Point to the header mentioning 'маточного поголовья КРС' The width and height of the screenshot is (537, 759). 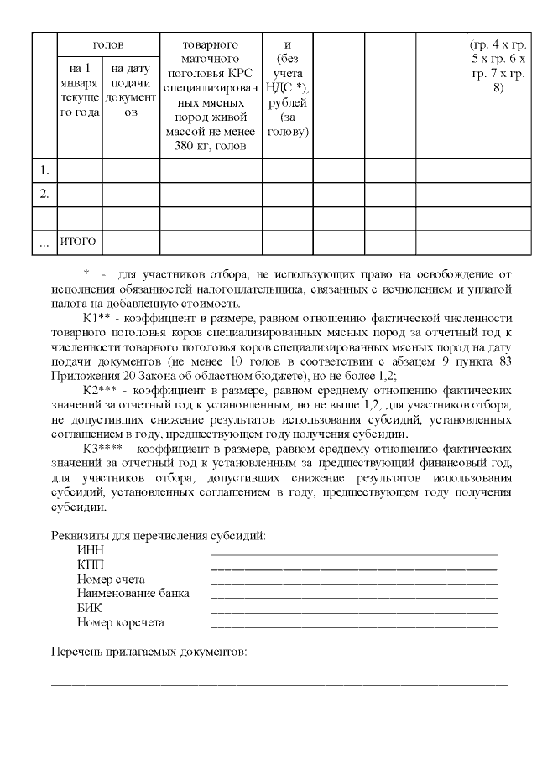(211, 94)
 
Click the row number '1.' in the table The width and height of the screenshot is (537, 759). (44, 170)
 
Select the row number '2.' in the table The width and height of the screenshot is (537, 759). (44, 195)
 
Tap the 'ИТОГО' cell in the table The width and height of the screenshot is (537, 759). (79, 242)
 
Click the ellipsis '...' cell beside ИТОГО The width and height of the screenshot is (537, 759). (44, 243)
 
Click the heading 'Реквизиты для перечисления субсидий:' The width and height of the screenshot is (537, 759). (159, 535)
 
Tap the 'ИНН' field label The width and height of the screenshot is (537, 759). (91, 550)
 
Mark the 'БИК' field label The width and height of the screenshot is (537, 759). (90, 608)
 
